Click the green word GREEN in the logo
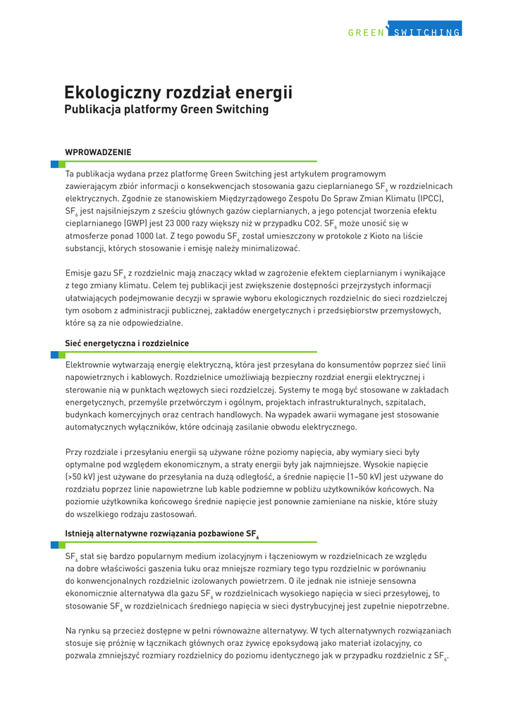coord(366,32)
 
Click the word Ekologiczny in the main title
coord(112,93)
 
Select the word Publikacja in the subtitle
coord(92,109)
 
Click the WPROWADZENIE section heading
coord(98,152)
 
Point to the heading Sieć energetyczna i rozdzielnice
coord(127,343)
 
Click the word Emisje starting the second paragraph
coord(80,273)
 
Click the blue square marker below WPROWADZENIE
coord(54,164)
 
